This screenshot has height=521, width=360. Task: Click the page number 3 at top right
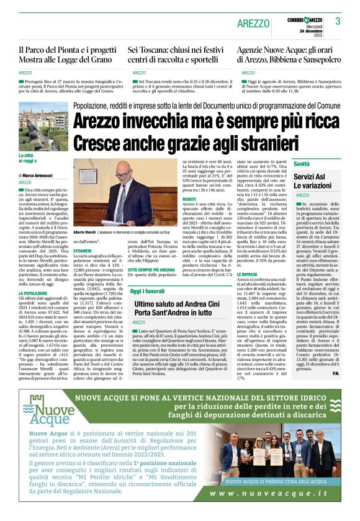338,22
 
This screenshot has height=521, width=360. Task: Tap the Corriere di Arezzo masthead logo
307,20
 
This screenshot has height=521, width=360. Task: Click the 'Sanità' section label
302,164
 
